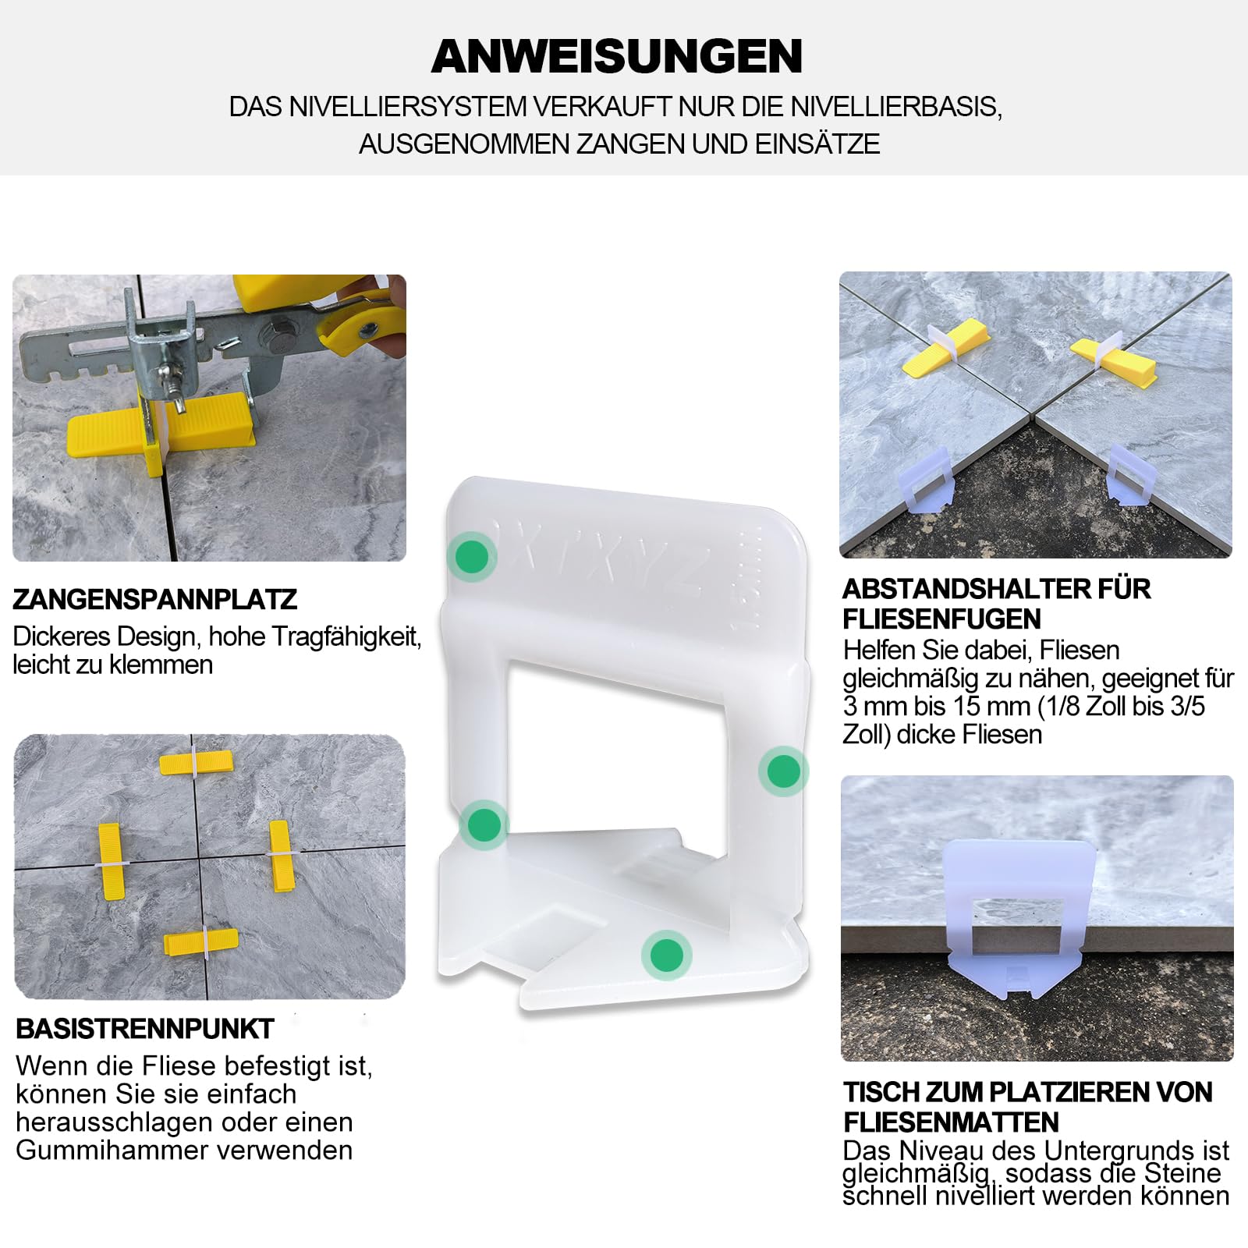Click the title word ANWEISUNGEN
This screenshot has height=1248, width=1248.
click(x=617, y=56)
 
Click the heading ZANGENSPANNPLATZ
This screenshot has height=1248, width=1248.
click(x=155, y=599)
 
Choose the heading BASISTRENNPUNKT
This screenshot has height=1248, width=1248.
click(x=145, y=1029)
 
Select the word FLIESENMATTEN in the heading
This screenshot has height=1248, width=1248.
click(x=952, y=1122)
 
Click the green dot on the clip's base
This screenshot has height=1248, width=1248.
click(x=666, y=955)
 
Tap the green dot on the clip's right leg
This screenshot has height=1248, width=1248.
click(x=784, y=771)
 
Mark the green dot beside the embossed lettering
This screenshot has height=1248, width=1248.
click(x=472, y=557)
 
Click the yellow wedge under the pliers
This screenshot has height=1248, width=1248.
click(x=160, y=426)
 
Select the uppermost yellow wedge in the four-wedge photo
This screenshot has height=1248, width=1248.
click(x=196, y=762)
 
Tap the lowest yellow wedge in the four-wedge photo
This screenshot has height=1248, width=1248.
click(x=200, y=942)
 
